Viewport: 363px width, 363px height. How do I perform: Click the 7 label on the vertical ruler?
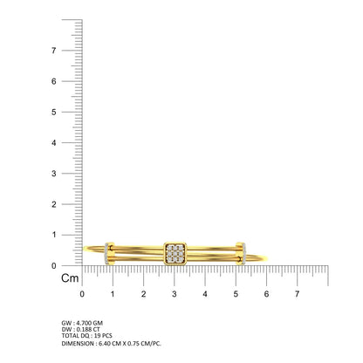(53, 51)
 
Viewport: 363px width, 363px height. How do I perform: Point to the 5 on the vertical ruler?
(53, 112)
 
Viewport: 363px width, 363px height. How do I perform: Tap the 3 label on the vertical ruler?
(53, 174)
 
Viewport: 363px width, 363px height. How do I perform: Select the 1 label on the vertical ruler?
(54, 235)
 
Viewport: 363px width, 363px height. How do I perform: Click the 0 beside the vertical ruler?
(53, 265)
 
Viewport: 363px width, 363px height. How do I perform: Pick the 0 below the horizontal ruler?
(82, 294)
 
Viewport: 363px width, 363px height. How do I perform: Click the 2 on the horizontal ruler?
(143, 294)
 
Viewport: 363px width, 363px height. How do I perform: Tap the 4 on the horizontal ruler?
(205, 294)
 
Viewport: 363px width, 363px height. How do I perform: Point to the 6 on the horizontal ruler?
(266, 294)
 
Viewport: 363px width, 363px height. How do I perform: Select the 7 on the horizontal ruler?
(297, 294)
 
